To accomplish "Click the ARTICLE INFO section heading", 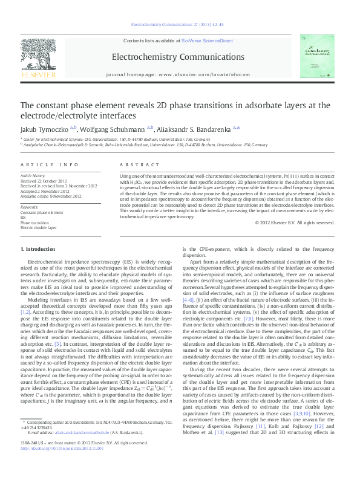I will pyautogui.click(x=49, y=164).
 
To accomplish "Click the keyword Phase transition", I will pyautogui.click(x=35, y=223).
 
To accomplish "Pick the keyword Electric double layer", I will pyautogui.click(x=38, y=228).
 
